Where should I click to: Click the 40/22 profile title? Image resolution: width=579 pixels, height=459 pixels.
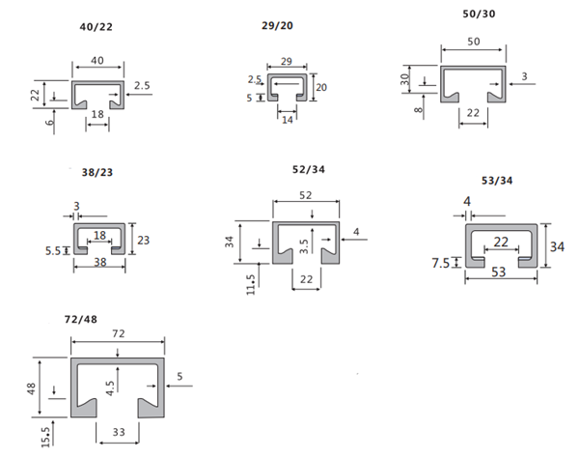pyautogui.click(x=96, y=27)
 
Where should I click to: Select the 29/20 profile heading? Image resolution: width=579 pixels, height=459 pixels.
pyautogui.click(x=277, y=25)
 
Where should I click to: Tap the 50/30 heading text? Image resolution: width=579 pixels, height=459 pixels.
pyautogui.click(x=479, y=14)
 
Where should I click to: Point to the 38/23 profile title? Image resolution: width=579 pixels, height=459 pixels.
pyautogui.click(x=97, y=172)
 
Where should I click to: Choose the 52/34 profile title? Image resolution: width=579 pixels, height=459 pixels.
pyautogui.click(x=309, y=169)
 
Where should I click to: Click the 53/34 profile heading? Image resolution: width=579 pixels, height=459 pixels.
pyautogui.click(x=497, y=181)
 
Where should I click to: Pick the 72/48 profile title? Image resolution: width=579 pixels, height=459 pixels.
pyautogui.click(x=81, y=319)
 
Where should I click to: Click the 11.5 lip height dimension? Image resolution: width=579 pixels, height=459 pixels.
pyautogui.click(x=251, y=284)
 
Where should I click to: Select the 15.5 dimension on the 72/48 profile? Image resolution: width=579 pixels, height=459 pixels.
pyautogui.click(x=45, y=437)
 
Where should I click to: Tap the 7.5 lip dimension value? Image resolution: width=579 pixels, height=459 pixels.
pyautogui.click(x=441, y=264)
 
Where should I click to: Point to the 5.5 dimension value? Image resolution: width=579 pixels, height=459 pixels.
pyautogui.click(x=53, y=251)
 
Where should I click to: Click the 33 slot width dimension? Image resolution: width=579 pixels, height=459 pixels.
pyautogui.click(x=119, y=432)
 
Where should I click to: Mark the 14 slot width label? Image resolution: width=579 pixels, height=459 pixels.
pyautogui.click(x=288, y=120)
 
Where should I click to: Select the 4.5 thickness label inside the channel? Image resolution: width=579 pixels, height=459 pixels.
pyautogui.click(x=110, y=388)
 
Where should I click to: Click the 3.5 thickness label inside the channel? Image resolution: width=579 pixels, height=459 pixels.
pyautogui.click(x=304, y=246)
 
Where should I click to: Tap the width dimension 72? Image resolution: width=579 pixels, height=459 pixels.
pyautogui.click(x=119, y=333)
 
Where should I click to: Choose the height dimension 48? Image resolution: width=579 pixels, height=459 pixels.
pyautogui.click(x=31, y=388)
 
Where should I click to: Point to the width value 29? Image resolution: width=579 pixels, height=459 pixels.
pyautogui.click(x=287, y=61)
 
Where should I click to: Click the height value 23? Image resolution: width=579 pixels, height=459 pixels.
pyautogui.click(x=143, y=241)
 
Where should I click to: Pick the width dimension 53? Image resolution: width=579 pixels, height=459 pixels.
pyautogui.click(x=499, y=273)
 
